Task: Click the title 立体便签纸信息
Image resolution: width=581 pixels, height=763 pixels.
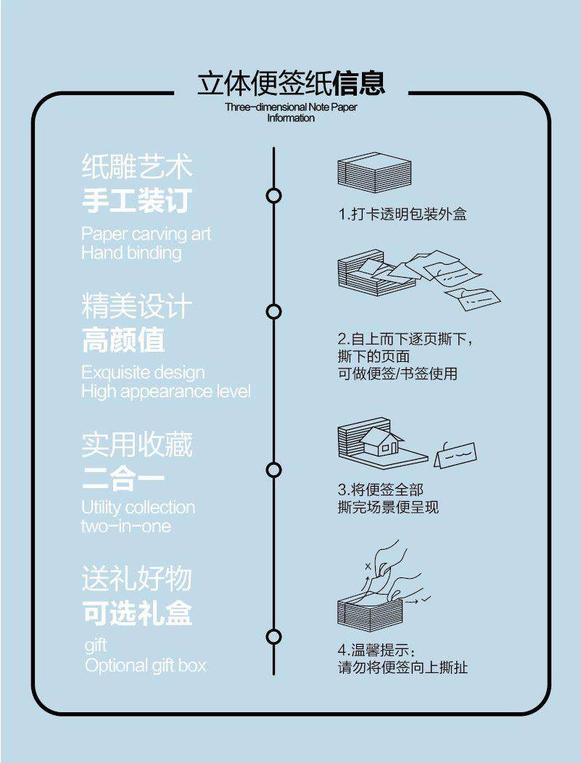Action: click(291, 83)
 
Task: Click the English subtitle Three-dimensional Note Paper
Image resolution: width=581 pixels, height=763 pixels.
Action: click(291, 107)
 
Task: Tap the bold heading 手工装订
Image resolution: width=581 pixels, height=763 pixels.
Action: click(136, 200)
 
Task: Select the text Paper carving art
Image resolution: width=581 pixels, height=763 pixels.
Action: click(147, 234)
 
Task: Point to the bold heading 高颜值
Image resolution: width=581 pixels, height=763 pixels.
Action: click(123, 339)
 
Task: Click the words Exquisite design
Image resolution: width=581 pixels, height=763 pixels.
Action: click(143, 373)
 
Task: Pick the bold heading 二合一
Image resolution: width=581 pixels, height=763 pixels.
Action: click(123, 478)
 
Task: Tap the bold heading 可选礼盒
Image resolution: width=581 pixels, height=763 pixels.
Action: click(136, 614)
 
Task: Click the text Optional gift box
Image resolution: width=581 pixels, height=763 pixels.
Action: click(145, 664)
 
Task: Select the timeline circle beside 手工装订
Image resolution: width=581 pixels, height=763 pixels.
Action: click(273, 196)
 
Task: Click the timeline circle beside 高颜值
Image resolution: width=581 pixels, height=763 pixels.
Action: click(273, 311)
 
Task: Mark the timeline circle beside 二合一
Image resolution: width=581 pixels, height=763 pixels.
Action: click(273, 470)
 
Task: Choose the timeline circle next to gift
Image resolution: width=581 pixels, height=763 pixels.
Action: click(273, 637)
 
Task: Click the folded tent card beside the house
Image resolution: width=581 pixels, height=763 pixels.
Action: click(455, 455)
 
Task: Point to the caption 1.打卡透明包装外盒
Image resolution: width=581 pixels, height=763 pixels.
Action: click(402, 215)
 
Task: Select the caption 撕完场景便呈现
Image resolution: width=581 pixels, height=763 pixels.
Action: click(388, 507)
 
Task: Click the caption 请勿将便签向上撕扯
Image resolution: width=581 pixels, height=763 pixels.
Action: click(403, 667)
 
